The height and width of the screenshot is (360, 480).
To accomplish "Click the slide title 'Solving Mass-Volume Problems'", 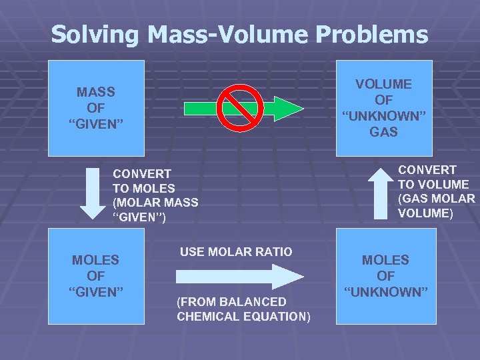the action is (239, 34).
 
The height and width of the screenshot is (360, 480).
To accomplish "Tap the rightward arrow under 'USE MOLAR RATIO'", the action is (241, 276).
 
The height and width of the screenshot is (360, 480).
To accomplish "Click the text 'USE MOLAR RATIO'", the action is (236, 252).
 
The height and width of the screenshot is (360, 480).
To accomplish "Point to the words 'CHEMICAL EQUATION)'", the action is (243, 316).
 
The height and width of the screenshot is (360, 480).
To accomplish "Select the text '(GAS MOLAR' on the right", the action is (436, 199).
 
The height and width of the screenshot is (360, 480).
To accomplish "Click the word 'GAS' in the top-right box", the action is (383, 132).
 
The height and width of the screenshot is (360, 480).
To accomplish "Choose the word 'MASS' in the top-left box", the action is (95, 92).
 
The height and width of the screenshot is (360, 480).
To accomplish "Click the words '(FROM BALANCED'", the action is (231, 301).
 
